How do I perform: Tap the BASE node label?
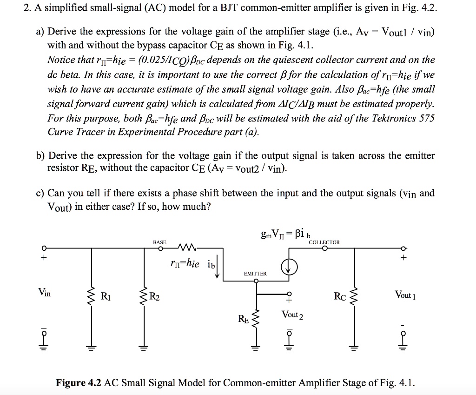tap(159, 243)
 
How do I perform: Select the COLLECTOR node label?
tap(324, 242)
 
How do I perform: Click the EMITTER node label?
tap(254, 274)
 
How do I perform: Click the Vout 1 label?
tap(405, 295)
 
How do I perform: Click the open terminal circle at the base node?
tap(160, 248)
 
